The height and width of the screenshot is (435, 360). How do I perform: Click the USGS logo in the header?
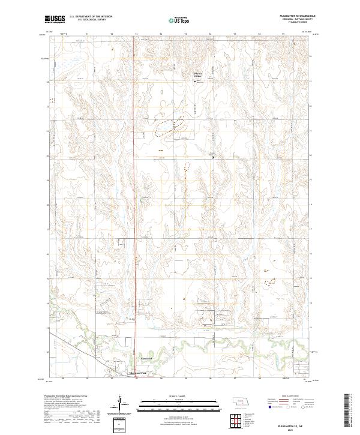[55, 19]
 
